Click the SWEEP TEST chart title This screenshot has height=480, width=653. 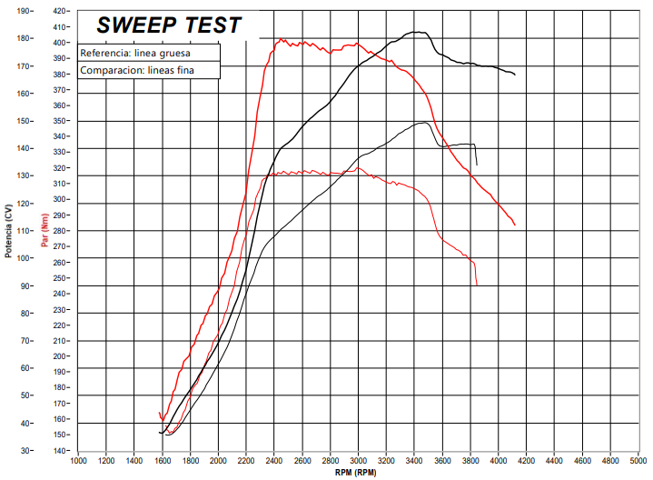click(x=169, y=25)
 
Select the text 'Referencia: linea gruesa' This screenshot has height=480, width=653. click(x=134, y=53)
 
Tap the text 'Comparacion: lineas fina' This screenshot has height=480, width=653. click(x=137, y=70)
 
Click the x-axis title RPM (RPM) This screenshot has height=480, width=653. click(x=356, y=473)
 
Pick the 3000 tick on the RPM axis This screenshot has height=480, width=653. click(x=358, y=461)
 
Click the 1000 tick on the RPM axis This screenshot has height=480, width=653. click(x=78, y=461)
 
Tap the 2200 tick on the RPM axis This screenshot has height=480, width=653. click(x=246, y=461)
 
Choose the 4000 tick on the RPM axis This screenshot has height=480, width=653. click(x=498, y=461)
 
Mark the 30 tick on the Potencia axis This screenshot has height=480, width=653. click(x=25, y=451)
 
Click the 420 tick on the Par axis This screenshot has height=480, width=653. click(x=61, y=11)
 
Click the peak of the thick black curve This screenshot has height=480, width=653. click(x=418, y=32)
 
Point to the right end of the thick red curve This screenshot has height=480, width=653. click(x=515, y=225)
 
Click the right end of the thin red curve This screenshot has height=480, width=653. click(x=476, y=285)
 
